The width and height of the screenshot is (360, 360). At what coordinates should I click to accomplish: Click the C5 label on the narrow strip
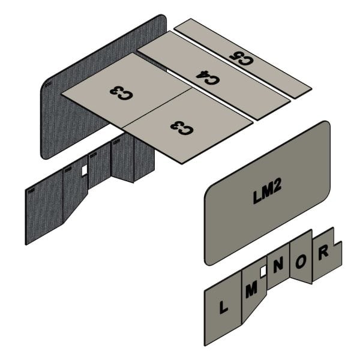pyautogui.click(x=241, y=58)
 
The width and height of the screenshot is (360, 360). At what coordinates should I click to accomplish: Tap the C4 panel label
pyautogui.click(x=208, y=77)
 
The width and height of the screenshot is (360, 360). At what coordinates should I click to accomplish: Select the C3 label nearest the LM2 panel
pyautogui.click(x=182, y=128)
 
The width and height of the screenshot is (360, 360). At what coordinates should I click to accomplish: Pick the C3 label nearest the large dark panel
pyautogui.click(x=121, y=93)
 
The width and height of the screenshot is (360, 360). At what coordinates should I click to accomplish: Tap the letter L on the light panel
pyautogui.click(x=223, y=307)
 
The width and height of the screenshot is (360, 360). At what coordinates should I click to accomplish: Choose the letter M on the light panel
pyautogui.click(x=251, y=290)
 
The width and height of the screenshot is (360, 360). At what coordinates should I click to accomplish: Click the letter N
pyautogui.click(x=278, y=265)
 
